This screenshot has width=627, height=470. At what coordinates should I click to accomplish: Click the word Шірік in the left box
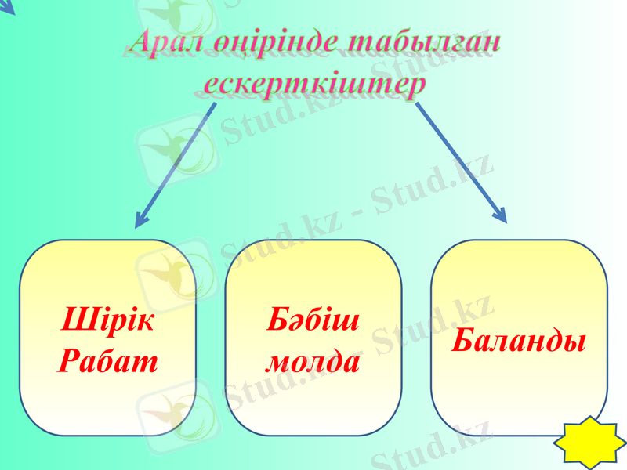pos(107,320)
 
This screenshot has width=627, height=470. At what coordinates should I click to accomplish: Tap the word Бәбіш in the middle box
pos(313,320)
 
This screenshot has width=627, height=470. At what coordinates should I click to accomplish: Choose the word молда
pos(313,362)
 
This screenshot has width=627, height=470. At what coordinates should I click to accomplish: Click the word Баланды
pos(519,341)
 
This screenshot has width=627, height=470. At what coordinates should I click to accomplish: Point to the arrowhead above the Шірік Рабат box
pos(142,220)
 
